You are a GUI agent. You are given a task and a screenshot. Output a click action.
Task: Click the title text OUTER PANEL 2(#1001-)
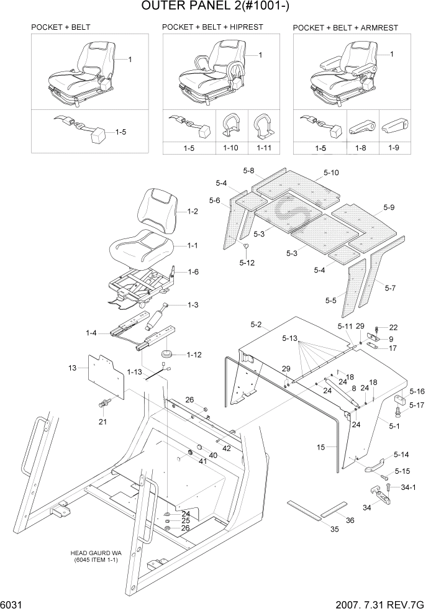tap(218, 7)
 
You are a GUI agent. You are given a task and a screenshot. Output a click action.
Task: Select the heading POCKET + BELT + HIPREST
tap(212, 27)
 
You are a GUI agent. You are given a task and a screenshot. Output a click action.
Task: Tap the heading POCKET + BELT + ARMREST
tap(345, 28)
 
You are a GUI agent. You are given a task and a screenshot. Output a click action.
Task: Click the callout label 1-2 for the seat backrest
tap(193, 212)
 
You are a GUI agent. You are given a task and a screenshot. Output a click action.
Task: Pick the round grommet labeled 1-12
tap(167, 355)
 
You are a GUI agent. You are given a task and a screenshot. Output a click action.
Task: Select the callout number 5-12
tap(247, 263)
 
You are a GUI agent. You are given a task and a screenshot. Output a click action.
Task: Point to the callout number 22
tap(393, 327)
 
